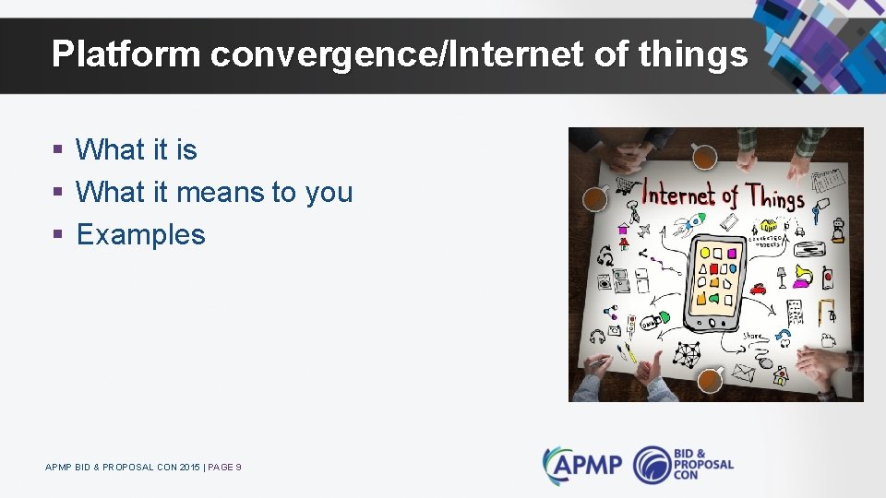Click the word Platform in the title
pyautogui.click(x=126, y=55)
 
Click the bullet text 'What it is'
pyautogui.click(x=136, y=149)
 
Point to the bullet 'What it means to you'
pyautogui.click(x=214, y=192)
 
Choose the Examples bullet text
pyautogui.click(x=140, y=234)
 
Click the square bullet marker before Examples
pyautogui.click(x=57, y=234)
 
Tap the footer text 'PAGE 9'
pyautogui.click(x=224, y=468)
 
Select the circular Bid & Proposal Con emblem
pyautogui.click(x=653, y=464)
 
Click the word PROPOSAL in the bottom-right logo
pyautogui.click(x=703, y=465)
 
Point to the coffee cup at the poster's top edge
pyautogui.click(x=704, y=157)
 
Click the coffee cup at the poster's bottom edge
pyautogui.click(x=709, y=378)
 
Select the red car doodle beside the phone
pyautogui.click(x=758, y=289)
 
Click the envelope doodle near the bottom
pyautogui.click(x=743, y=373)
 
